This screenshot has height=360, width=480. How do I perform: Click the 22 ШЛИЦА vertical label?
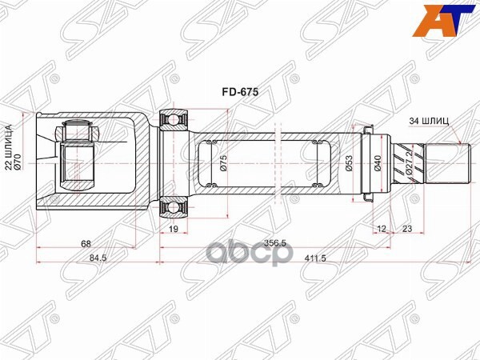coord(9,149)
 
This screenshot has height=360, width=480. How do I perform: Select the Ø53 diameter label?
coord(349,162)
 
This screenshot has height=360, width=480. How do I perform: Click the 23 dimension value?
coord(408,230)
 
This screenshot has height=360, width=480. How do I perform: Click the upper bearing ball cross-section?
coord(174,121)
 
